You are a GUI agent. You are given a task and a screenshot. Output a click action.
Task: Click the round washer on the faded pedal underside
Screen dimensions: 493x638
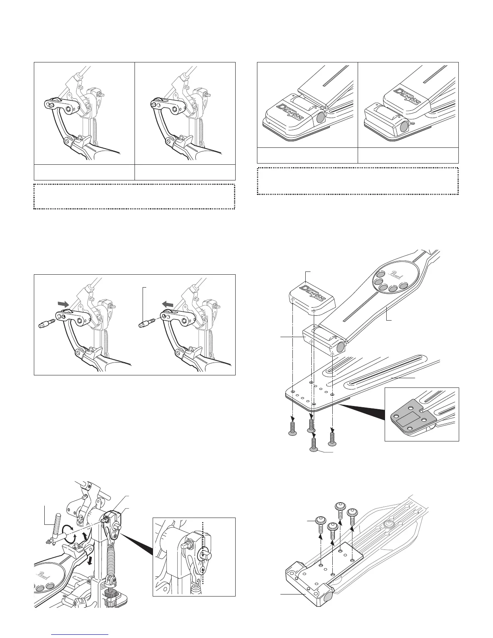pos(389,524)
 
